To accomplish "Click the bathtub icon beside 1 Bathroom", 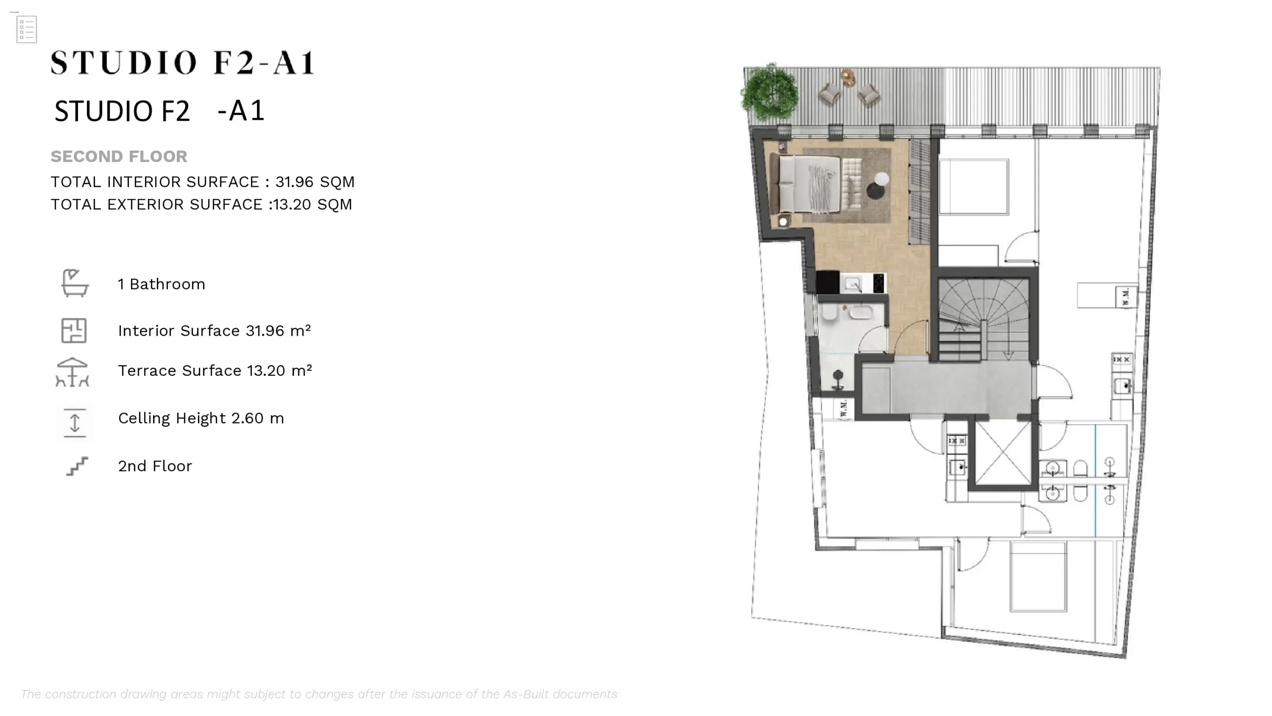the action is coord(75,283).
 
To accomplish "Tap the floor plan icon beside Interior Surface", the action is coord(74,331).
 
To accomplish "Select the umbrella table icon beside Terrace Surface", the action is coord(73,372).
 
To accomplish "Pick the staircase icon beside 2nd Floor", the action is coord(77,466).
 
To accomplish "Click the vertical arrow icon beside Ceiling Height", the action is coord(75,423).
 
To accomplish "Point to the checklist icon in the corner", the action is coord(26,30).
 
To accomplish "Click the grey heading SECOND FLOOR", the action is coord(119,157).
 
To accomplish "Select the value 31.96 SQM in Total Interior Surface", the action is coord(315,182).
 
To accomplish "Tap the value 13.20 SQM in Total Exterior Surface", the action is coord(313,204).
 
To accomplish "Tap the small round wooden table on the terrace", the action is coord(848,78).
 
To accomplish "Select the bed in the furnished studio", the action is coord(805,184).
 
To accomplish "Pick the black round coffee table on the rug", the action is coord(876,190).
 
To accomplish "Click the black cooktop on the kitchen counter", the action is coord(878,283).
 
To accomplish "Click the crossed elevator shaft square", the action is coord(1003,452).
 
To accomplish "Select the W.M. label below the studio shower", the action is coord(843,409).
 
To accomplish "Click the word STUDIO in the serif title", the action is coord(124,63).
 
